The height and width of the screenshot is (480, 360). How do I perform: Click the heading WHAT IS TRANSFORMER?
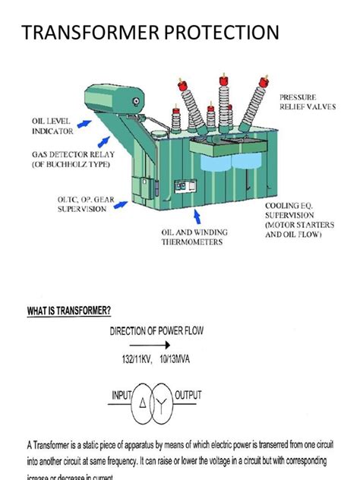pyautogui.click(x=80, y=311)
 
